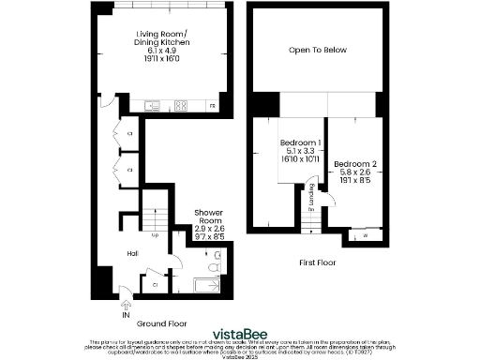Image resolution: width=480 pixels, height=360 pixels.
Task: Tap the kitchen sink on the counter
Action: coord(154,105)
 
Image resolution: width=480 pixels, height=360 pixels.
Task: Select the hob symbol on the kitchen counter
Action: coord(182,105)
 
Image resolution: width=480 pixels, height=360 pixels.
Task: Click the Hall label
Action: coord(134,251)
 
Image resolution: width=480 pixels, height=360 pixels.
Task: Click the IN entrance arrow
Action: coord(125,303)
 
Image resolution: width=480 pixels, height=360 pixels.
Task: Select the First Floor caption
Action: coord(317,262)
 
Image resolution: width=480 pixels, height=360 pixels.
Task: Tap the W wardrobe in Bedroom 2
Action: coord(364,235)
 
